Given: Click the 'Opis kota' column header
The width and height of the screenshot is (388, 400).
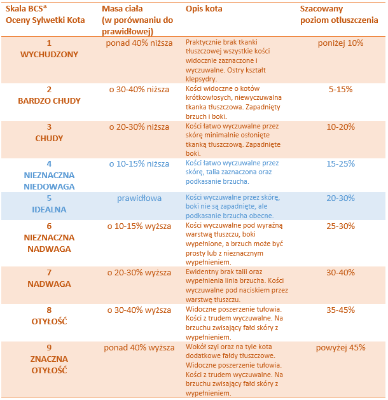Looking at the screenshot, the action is click(x=204, y=9).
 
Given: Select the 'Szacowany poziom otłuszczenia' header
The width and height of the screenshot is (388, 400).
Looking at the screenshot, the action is click(x=339, y=15).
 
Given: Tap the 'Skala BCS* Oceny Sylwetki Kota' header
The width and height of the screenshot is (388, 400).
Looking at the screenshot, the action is click(x=45, y=15).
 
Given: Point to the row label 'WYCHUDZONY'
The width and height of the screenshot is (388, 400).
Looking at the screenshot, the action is click(x=49, y=55).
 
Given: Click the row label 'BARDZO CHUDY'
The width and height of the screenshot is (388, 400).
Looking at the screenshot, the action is click(x=49, y=101).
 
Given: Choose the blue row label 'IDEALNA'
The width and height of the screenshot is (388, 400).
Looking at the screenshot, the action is click(x=49, y=210).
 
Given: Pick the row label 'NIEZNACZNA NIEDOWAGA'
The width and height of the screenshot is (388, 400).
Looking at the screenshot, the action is click(x=49, y=181).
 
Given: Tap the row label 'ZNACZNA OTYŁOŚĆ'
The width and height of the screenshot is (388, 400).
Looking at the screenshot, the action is click(x=49, y=365).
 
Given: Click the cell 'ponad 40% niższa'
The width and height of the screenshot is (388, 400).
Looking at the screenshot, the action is click(x=139, y=43).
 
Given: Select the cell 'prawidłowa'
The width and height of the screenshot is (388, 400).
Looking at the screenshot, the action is click(x=139, y=198).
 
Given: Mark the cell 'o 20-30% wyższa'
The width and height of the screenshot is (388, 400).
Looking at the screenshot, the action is click(x=139, y=273).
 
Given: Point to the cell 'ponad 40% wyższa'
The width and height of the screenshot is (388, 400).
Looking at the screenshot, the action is click(x=139, y=348).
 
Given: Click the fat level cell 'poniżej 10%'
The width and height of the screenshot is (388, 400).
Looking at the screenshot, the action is click(x=340, y=43).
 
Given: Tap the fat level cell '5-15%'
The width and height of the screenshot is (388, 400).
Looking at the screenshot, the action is click(x=340, y=90).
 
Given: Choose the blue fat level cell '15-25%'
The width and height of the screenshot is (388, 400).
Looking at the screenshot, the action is click(x=340, y=164).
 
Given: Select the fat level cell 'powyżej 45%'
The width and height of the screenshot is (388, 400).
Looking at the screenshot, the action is click(x=340, y=348).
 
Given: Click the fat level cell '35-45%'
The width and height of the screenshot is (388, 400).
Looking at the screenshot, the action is click(x=340, y=310).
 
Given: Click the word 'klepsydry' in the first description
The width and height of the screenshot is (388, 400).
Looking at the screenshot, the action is click(x=200, y=79).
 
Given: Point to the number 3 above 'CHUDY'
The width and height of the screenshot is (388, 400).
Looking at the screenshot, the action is click(x=49, y=127).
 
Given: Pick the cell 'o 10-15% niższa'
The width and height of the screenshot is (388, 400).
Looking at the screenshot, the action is click(x=139, y=164).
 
